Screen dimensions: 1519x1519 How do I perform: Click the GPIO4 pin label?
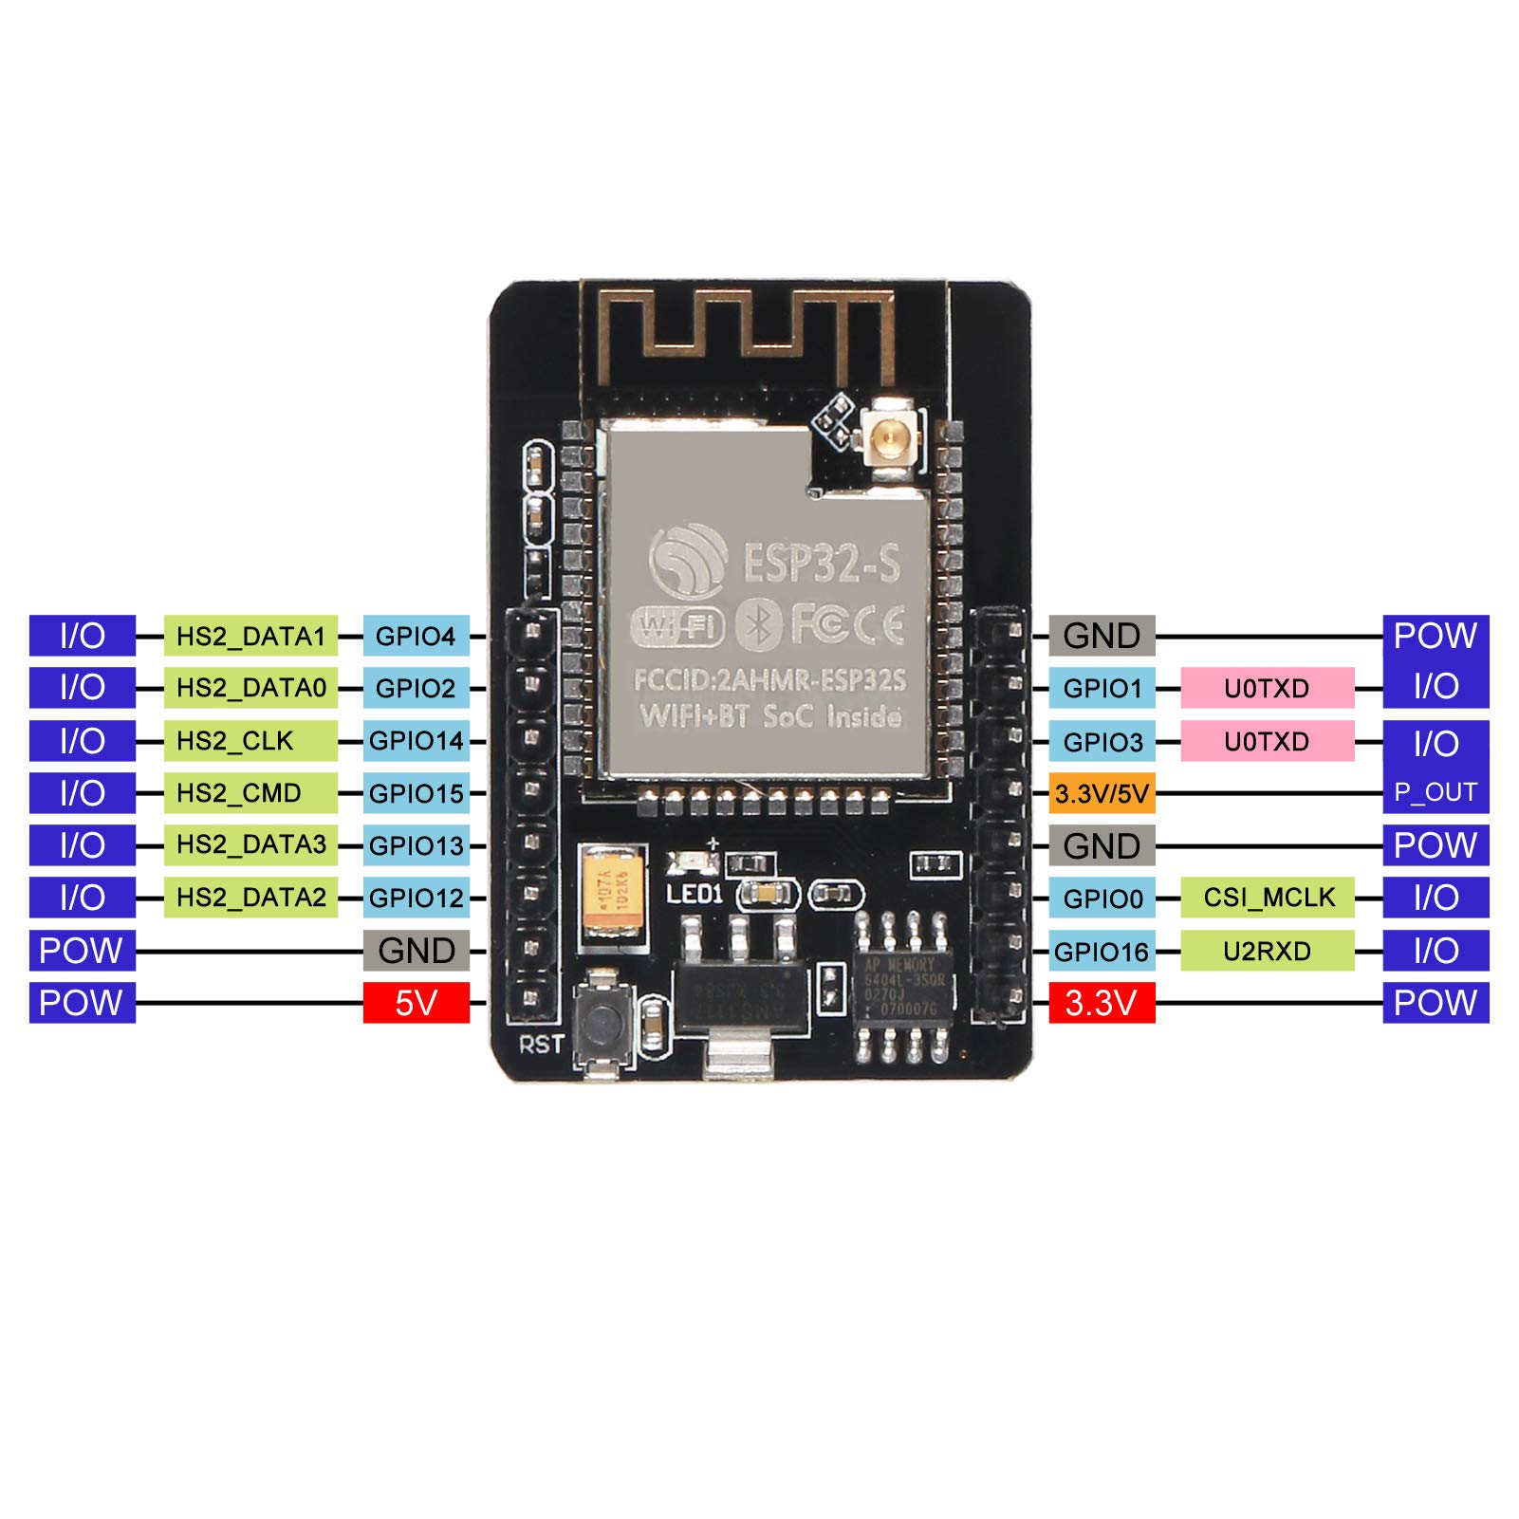416,637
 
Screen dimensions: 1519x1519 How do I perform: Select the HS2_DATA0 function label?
250,688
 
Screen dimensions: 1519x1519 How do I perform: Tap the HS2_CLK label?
250,741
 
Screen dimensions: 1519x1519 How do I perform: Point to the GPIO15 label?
416,793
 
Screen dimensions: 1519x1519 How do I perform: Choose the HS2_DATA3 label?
250,844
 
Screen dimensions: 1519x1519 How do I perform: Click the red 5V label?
416,1003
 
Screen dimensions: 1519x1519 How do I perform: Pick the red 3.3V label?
1102,1003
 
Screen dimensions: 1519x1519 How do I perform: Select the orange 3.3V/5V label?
1102,793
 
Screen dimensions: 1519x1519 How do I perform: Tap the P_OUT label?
1436,793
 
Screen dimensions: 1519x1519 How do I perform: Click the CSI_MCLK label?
1268,898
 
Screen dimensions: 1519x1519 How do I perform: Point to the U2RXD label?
1268,951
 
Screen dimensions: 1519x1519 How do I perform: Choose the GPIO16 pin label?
1102,951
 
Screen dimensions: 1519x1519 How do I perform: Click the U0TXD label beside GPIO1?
1268,688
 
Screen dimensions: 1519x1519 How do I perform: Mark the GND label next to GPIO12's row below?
416,951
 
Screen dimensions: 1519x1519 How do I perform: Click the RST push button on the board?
603,1020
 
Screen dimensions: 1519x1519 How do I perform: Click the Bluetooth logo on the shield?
758,624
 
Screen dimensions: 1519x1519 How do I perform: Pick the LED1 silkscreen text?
695,894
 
